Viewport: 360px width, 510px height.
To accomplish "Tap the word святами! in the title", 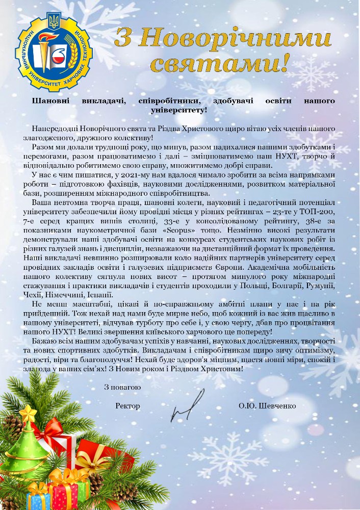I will pyautogui.click(x=223, y=63).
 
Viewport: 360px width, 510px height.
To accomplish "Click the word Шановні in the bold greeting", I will pyautogui.click(x=50, y=101).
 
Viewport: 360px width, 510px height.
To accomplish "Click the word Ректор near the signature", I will pyautogui.click(x=127, y=406).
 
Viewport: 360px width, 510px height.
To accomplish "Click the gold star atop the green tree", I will pyautogui.click(x=29, y=412).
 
